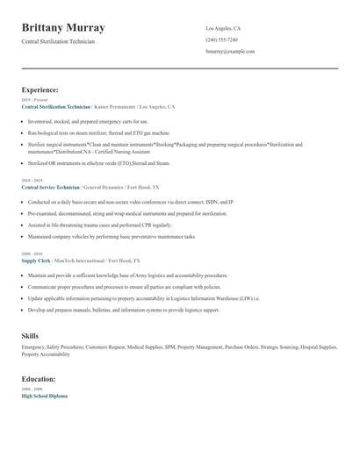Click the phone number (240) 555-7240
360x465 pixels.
(x=221, y=39)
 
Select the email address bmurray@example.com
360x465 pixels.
(x=230, y=51)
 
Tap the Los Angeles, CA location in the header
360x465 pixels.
(x=223, y=28)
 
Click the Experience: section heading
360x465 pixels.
(x=40, y=89)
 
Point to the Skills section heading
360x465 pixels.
(x=30, y=335)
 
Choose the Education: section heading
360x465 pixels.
(x=39, y=379)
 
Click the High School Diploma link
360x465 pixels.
(x=44, y=396)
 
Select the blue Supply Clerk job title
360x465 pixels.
(x=35, y=261)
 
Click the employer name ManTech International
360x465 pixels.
(x=79, y=261)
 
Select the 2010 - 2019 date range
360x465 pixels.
(x=31, y=181)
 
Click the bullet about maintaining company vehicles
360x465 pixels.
(x=112, y=236)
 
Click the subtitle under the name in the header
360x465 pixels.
(x=58, y=41)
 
